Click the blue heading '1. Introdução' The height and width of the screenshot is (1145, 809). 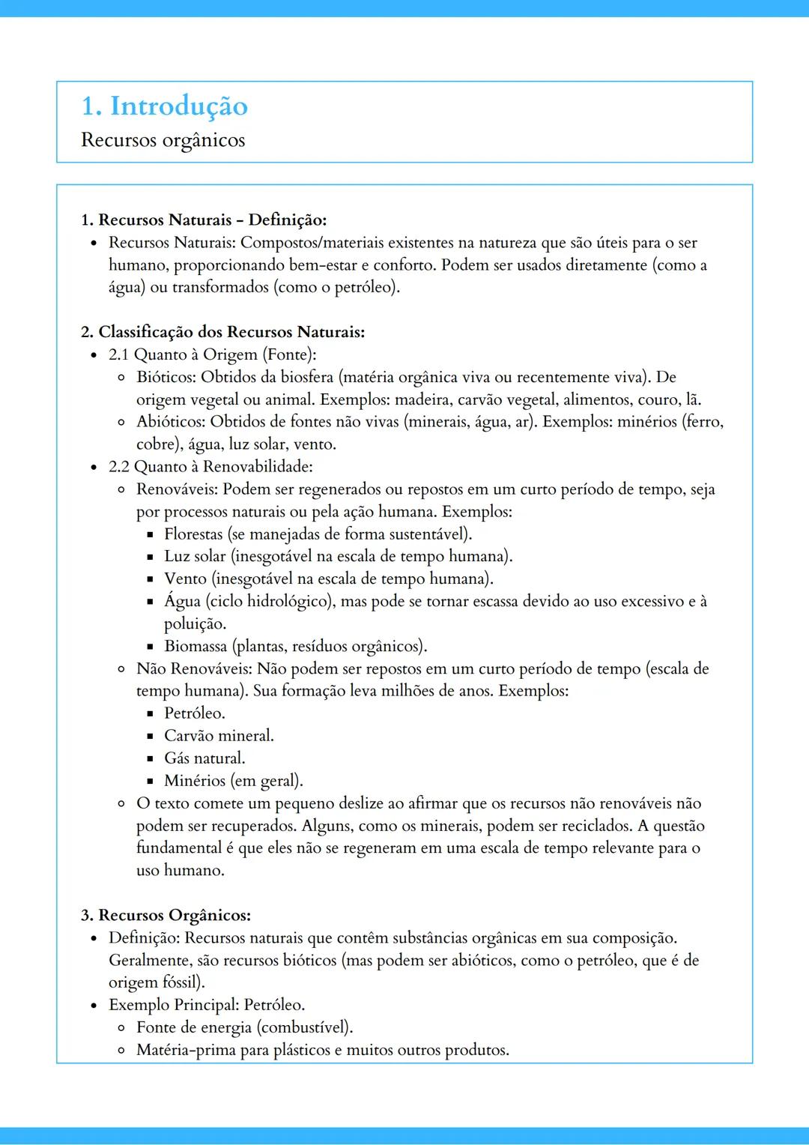[x=164, y=106]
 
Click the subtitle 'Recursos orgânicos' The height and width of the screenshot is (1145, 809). [x=163, y=140]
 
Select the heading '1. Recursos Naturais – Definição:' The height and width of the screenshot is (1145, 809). [x=204, y=220]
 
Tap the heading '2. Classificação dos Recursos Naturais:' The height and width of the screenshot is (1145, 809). [x=222, y=332]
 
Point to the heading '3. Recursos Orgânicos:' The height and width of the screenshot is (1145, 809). [x=166, y=915]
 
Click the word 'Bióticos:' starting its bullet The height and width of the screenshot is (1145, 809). [x=166, y=377]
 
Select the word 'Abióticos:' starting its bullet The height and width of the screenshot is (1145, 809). [x=171, y=422]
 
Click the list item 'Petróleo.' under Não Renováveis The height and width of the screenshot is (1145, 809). [x=195, y=713]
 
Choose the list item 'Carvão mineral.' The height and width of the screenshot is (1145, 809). [x=219, y=736]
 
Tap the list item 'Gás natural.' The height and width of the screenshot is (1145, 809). [x=204, y=758]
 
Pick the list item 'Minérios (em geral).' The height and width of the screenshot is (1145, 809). [x=234, y=781]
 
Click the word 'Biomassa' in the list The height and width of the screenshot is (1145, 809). [x=196, y=646]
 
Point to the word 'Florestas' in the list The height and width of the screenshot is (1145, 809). [x=193, y=534]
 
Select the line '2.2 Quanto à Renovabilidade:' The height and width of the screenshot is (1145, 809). [x=210, y=467]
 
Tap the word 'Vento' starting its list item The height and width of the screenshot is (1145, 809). [x=185, y=579]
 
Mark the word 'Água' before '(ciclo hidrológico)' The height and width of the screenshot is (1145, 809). [x=183, y=601]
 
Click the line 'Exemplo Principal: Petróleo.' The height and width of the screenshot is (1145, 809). [x=207, y=1005]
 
